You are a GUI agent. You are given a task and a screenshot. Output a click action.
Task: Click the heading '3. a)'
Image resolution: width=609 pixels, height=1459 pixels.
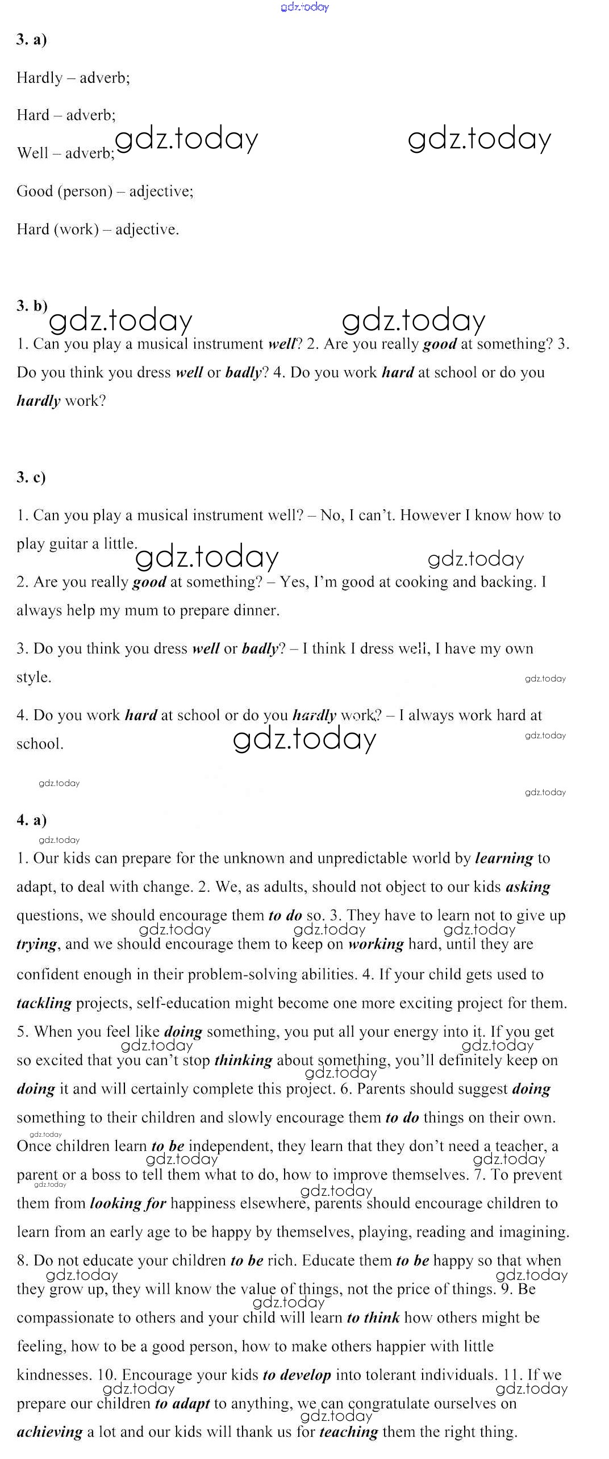32,39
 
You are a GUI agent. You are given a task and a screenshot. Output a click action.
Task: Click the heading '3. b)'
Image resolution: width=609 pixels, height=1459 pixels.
32,306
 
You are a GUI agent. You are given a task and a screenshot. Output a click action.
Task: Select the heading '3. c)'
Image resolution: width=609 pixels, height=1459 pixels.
31,477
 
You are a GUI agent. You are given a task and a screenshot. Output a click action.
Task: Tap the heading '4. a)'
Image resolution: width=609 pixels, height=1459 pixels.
32,820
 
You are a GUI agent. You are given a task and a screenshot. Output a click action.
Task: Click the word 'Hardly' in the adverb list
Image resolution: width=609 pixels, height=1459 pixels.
39,78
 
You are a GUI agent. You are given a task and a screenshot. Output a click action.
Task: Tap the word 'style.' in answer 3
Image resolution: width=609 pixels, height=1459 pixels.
34,677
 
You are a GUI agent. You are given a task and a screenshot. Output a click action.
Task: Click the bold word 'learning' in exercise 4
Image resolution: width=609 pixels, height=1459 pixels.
504,858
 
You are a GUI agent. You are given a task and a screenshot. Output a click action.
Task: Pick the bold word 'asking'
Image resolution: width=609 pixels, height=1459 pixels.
527,887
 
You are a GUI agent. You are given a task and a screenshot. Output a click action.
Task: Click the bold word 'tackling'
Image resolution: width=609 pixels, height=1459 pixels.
44,1003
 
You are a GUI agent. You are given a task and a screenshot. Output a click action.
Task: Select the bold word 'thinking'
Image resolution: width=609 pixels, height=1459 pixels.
243,1061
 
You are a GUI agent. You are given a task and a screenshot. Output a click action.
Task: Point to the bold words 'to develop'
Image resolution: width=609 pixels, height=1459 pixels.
297,1375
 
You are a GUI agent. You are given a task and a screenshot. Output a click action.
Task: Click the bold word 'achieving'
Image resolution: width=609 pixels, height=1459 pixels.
49,1432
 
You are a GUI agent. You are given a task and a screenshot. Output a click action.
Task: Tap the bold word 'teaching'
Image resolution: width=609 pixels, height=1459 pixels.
348,1432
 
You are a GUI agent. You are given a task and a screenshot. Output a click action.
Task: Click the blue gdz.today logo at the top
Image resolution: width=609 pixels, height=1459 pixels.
304,7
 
